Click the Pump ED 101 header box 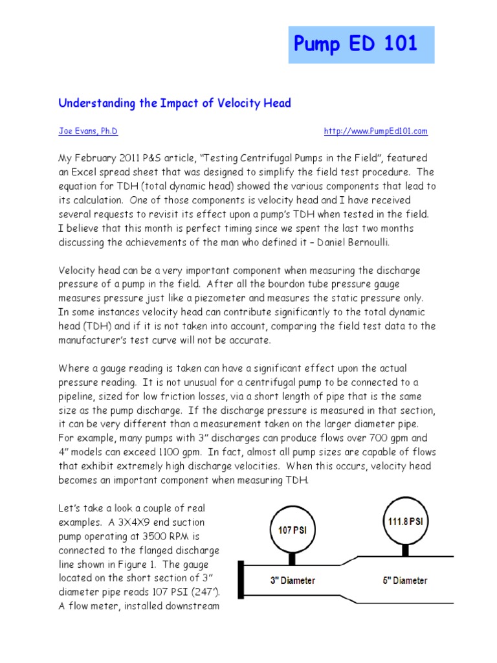coord(361,44)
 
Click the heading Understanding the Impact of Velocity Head coord(175,103)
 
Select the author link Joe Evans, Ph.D coord(88,131)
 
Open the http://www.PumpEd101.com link coord(375,131)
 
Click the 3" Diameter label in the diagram coord(293,580)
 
